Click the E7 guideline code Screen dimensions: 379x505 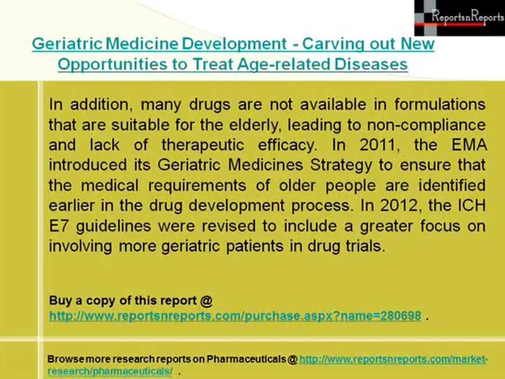(58, 226)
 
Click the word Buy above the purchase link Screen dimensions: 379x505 (60, 301)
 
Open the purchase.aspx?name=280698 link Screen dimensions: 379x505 (235, 316)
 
